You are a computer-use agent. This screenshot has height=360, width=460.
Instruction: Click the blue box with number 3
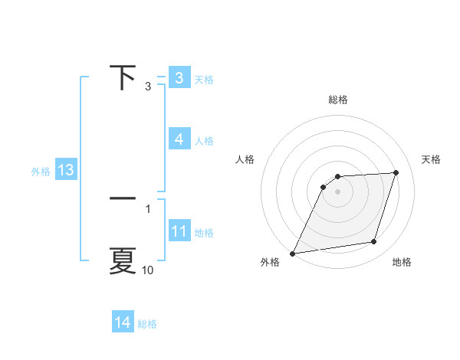179,78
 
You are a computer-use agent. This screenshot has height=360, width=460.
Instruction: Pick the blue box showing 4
179,139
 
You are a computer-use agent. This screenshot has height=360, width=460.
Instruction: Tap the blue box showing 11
179,231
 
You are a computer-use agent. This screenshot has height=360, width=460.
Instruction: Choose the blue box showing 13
65,170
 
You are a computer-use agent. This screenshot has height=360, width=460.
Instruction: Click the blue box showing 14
123,323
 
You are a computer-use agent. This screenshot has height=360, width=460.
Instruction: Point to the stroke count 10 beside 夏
147,270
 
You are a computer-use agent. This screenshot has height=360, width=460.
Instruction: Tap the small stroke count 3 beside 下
147,87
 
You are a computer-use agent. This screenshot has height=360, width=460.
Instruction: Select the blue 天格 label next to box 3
204,79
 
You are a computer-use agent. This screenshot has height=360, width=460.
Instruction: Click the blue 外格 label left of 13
41,172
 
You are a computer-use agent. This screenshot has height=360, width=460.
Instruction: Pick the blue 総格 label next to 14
147,324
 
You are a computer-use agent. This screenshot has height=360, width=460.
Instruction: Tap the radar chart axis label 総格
338,100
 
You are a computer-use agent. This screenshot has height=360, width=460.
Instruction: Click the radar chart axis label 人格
245,159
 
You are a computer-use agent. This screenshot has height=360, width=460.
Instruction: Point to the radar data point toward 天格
396,172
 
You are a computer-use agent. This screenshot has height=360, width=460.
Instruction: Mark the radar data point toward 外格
293,254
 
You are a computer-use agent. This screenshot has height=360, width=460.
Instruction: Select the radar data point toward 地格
374,242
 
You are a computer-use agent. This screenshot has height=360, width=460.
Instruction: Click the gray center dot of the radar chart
337,191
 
